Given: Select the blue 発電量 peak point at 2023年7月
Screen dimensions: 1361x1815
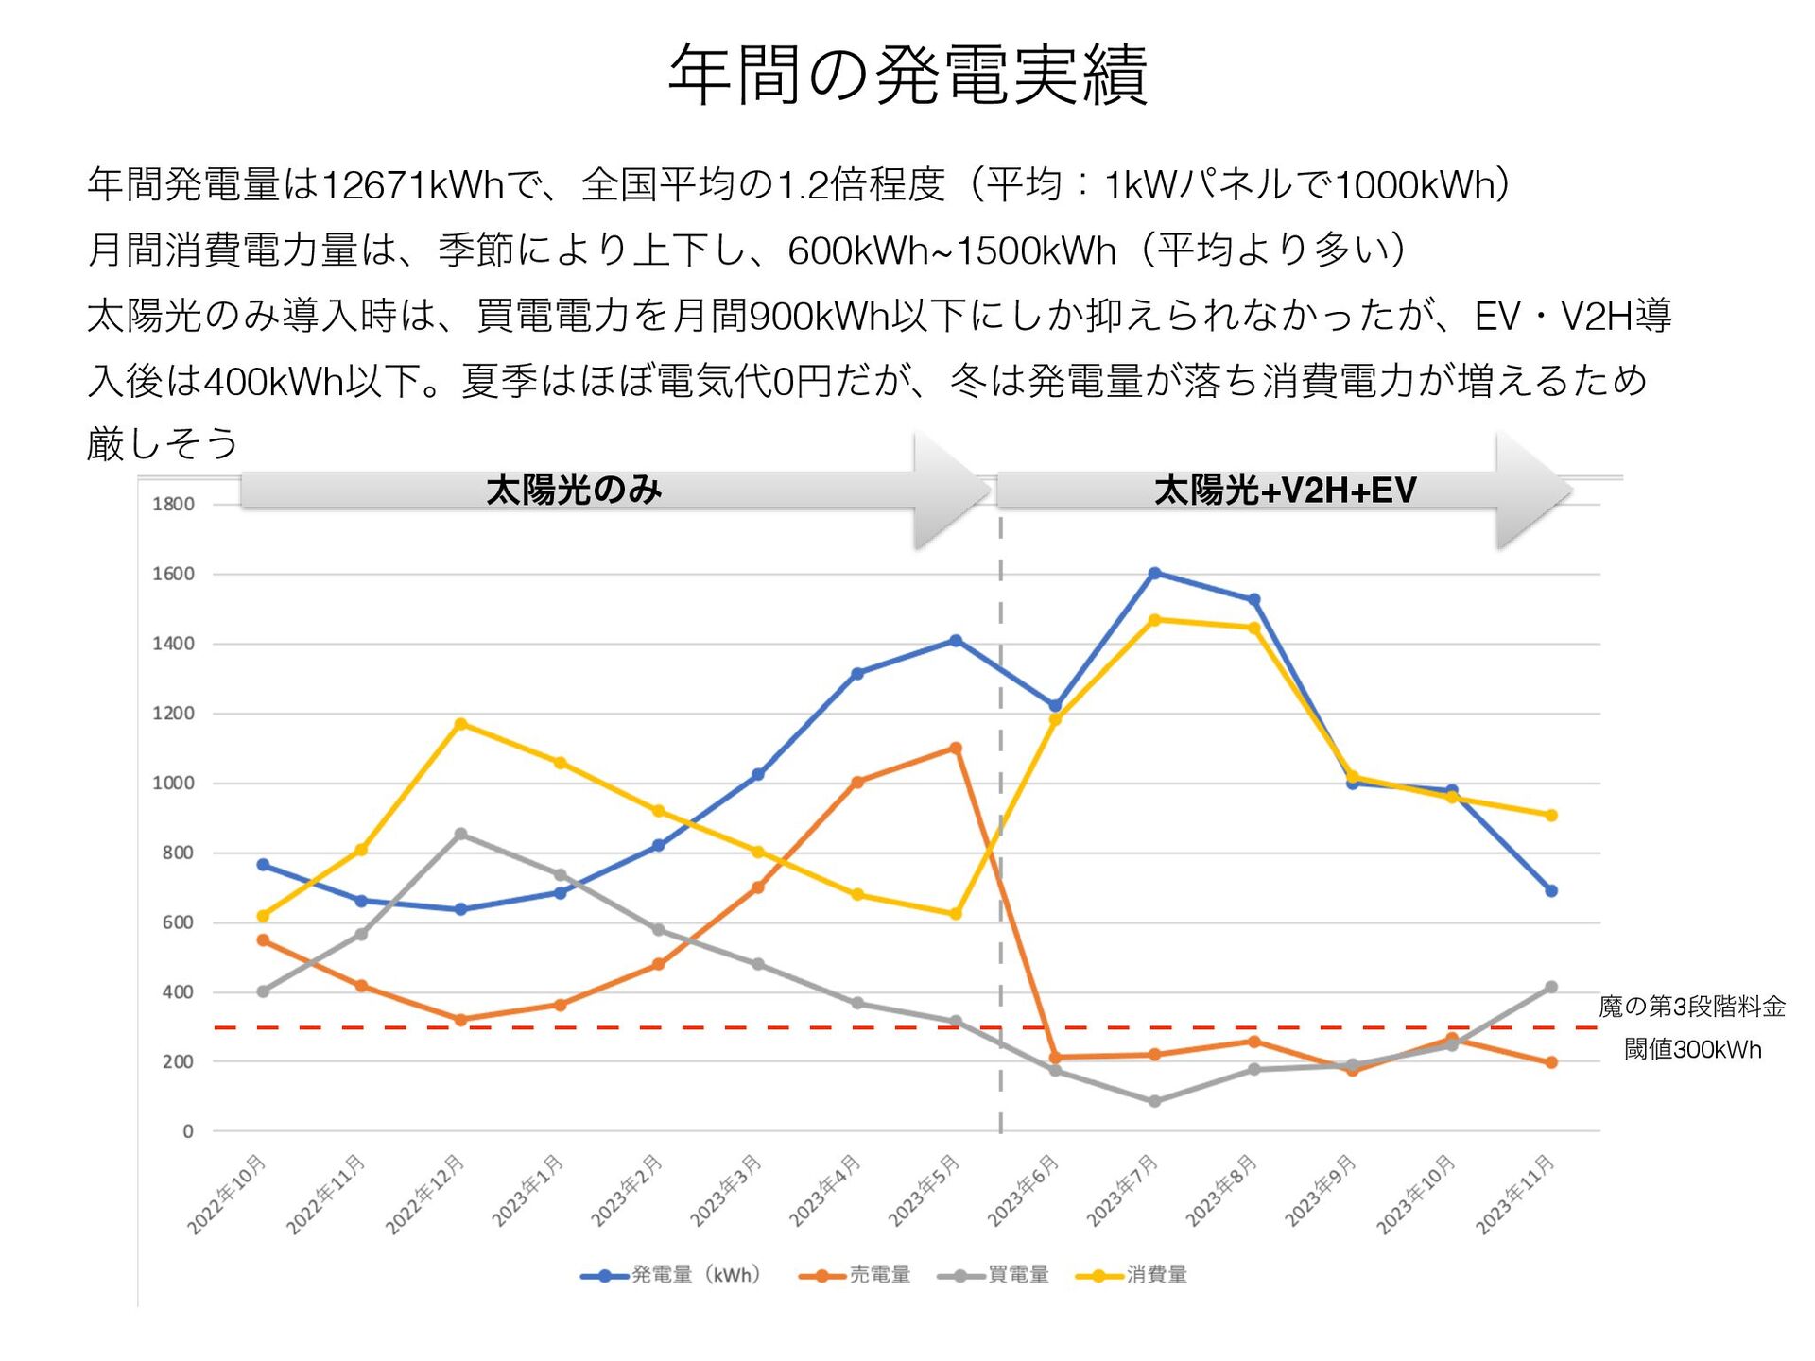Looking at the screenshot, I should pos(1154,574).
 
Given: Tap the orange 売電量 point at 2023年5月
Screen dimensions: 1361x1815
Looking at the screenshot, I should pos(956,749).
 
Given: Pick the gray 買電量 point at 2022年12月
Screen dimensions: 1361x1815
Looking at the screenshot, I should pos(460,835).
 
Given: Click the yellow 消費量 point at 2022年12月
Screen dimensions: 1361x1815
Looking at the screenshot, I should pos(460,725).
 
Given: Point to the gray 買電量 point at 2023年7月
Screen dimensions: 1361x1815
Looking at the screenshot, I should pos(1154,1102).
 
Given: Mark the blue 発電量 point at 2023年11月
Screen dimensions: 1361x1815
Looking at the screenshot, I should pos(1551,891).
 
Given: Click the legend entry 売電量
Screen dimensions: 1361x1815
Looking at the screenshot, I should pos(879,1275).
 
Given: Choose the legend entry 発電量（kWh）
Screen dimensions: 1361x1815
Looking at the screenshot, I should pos(696,1275).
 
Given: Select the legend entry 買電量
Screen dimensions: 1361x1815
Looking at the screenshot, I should pos(1018,1275).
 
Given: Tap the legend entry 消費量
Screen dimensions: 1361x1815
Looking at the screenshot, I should pos(1156,1275).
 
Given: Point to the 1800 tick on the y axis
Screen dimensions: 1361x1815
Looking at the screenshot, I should pos(173,505).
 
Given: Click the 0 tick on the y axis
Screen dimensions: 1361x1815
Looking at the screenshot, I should pos(187,1131).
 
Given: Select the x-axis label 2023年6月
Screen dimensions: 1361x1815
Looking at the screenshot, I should pos(1024,1190).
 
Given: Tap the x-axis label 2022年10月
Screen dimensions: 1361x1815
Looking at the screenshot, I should pos(227,1194).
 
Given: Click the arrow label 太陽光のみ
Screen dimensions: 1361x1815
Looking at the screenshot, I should pos(574,491).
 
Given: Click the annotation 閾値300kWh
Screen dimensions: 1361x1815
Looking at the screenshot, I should pos(1692,1050).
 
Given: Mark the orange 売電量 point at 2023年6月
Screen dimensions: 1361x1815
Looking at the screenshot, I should pos(1055,1059).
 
